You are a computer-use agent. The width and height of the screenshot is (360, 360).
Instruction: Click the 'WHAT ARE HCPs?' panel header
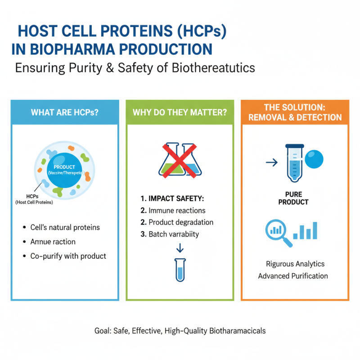coord(65,112)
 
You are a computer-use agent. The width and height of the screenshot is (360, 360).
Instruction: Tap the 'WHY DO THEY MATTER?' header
coord(180,112)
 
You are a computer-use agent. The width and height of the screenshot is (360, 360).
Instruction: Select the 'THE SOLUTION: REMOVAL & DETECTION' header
coord(295,112)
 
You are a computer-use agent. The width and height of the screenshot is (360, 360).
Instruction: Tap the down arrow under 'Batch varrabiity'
coord(180,248)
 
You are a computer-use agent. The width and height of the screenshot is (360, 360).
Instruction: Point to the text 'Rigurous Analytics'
coord(295,264)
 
